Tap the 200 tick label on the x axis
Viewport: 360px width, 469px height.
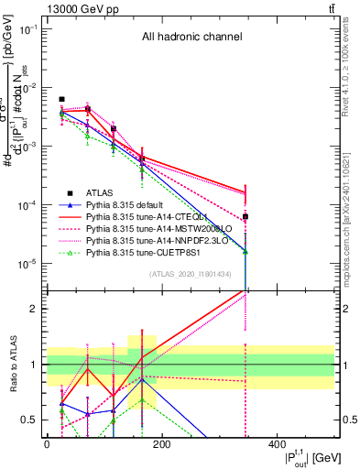coord(161,444)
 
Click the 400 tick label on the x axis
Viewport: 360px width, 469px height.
coord(277,444)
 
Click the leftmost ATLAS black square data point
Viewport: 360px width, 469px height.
coord(61,99)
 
